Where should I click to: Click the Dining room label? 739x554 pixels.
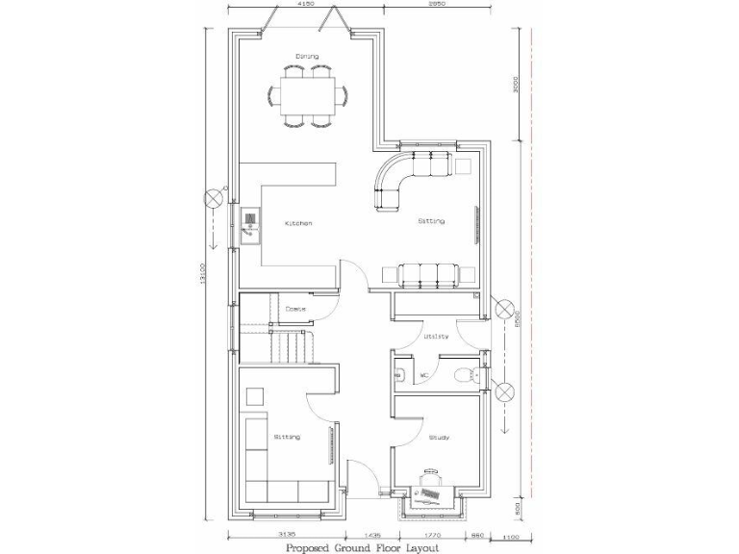(308, 56)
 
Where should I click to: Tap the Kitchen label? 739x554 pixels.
(298, 223)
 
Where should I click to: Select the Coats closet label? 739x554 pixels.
(296, 309)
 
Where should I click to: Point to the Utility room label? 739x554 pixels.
(436, 337)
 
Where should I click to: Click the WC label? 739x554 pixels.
(424, 374)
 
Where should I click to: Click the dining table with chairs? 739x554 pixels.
(308, 95)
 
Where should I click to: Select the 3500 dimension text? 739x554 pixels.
(517, 87)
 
